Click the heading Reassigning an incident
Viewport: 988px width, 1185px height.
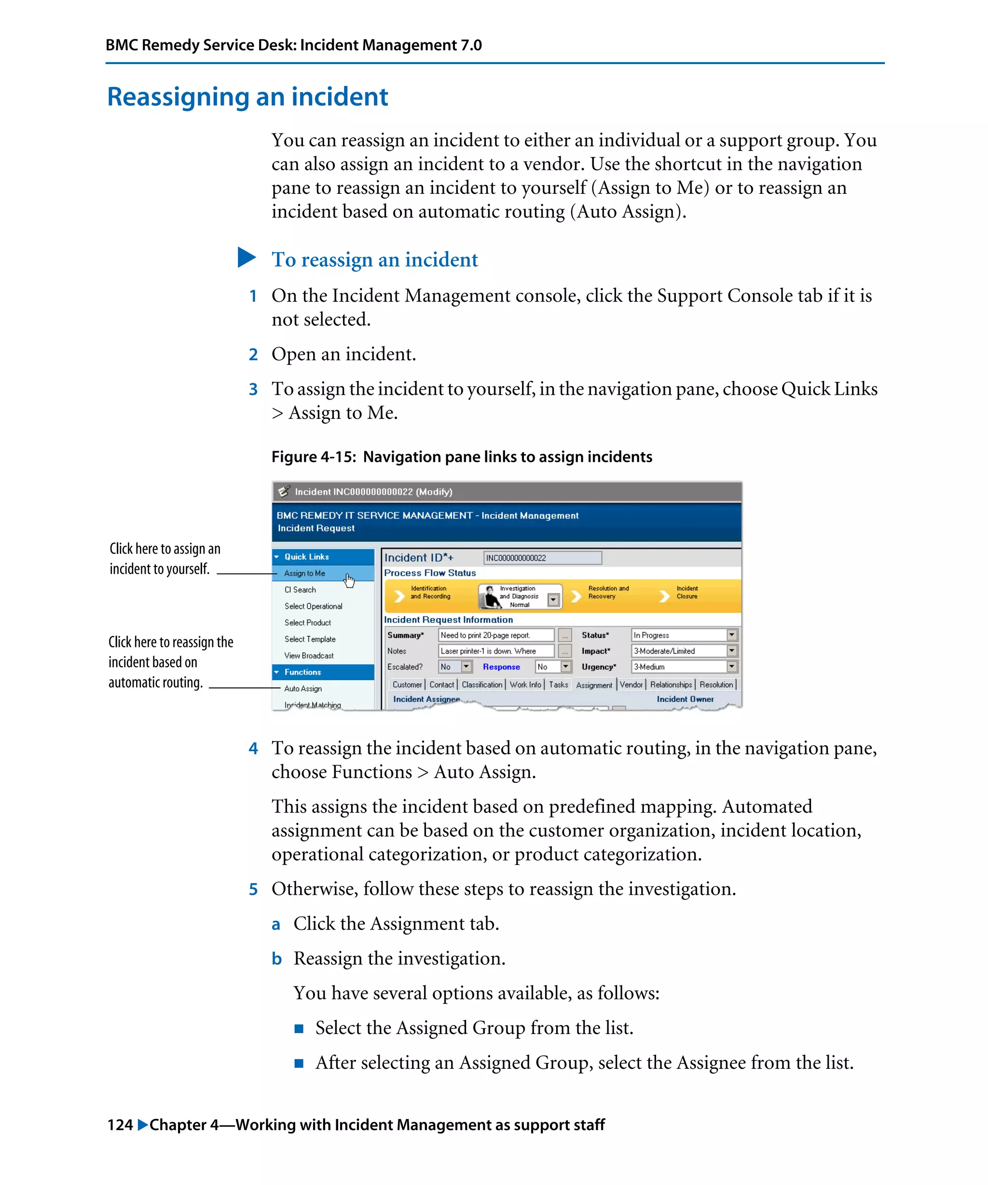click(x=247, y=96)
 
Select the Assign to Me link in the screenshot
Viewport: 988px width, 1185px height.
click(x=304, y=573)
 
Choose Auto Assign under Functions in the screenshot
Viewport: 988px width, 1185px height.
click(x=302, y=688)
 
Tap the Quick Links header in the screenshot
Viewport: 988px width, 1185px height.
click(x=306, y=557)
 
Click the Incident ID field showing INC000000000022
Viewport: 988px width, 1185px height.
click(x=542, y=558)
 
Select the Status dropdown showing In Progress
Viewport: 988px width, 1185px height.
click(x=683, y=635)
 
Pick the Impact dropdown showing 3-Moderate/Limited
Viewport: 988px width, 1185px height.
click(x=683, y=651)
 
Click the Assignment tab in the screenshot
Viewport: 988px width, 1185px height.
click(x=594, y=685)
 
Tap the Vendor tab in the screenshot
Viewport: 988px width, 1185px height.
click(x=631, y=685)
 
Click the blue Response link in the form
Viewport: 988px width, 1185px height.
click(x=501, y=667)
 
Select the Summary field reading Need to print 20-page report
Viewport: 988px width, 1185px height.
click(x=496, y=635)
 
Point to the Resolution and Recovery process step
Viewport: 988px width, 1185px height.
click(x=607, y=592)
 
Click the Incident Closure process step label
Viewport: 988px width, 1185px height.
click(x=686, y=592)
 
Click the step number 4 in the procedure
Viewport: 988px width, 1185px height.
click(x=253, y=749)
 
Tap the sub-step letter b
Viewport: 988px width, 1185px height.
click(x=276, y=959)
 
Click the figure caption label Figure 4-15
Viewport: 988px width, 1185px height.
click(x=314, y=457)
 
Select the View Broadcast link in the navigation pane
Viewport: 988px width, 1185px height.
click(x=308, y=656)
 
